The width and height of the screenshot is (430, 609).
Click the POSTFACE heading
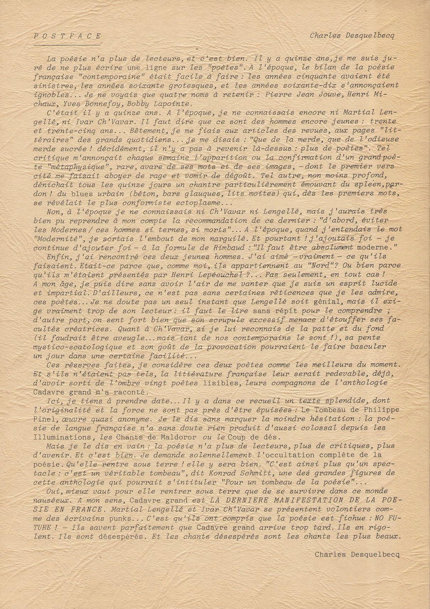(x=68, y=36)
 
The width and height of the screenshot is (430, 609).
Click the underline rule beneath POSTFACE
(x=67, y=45)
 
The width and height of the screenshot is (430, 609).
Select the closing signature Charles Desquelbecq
(x=357, y=554)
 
